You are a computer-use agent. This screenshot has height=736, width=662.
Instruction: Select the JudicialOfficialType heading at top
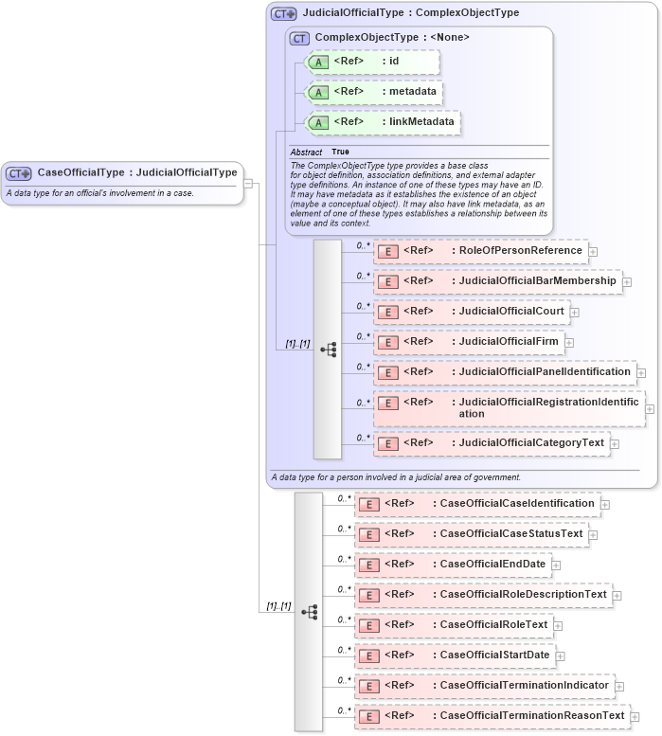pos(409,13)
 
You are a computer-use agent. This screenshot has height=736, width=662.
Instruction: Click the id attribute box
pos(372,62)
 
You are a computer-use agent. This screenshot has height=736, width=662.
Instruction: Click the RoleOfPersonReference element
pos(481,251)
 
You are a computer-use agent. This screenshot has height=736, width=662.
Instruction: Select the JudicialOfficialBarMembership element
pos(498,281)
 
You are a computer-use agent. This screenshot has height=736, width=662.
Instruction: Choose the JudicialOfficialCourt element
pos(472,312)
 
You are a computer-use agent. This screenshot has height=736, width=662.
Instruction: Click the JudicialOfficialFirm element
pos(469,341)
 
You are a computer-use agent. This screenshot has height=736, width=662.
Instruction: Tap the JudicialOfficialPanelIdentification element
pos(505,372)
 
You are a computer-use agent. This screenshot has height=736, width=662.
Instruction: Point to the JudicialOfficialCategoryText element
pos(492,442)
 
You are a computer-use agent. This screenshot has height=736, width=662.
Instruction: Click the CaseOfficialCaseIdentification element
pos(477,504)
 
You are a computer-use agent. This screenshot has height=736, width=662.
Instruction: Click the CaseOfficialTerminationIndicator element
pos(485,685)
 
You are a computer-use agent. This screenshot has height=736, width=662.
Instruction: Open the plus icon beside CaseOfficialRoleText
pos(558,626)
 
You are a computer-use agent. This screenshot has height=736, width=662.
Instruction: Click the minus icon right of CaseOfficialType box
pos(247,184)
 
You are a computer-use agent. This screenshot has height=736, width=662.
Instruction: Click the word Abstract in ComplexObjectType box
pos(306,152)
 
